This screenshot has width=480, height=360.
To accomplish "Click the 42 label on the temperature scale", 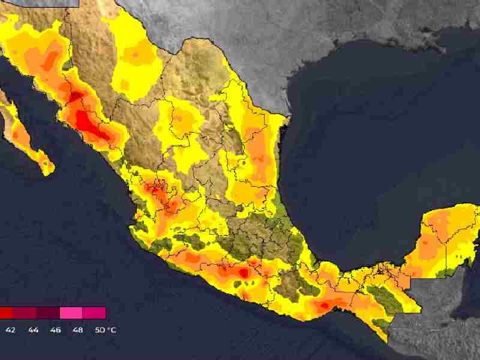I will pyautogui.click(x=11, y=330).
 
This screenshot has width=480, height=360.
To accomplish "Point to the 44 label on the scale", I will pyautogui.click(x=33, y=330).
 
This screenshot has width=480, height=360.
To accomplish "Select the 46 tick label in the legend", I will pyautogui.click(x=55, y=330).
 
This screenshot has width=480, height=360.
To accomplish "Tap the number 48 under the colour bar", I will pyautogui.click(x=77, y=330).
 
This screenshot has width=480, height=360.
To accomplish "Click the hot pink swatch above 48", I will pyautogui.click(x=71, y=313).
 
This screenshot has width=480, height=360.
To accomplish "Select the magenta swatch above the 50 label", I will pyautogui.click(x=94, y=313).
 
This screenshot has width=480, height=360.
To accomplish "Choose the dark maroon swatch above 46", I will pyautogui.click(x=48, y=313).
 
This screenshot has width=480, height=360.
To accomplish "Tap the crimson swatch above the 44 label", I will pyautogui.click(x=25, y=313).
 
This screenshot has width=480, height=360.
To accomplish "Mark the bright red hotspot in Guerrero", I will pyautogui.click(x=244, y=272).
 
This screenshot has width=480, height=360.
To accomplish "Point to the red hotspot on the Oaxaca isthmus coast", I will pyautogui.click(x=323, y=305).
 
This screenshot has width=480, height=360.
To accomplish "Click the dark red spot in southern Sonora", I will pyautogui.click(x=76, y=96).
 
